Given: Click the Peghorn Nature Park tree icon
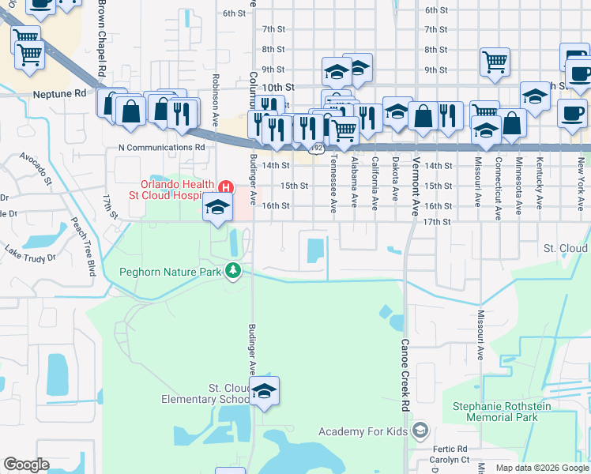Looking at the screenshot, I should click(x=233, y=271).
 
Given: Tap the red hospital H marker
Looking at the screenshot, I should click(x=226, y=188).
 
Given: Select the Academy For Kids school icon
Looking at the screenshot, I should click(x=420, y=431).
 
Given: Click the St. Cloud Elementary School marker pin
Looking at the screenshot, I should click(x=265, y=390).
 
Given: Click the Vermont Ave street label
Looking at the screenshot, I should click(x=415, y=185).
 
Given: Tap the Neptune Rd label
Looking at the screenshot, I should click(x=59, y=93).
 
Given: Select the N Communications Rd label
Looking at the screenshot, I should click(x=162, y=146).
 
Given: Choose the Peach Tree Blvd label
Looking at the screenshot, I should click(x=84, y=246).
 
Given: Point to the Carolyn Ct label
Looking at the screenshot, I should click(x=450, y=459).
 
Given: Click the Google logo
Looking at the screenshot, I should click(x=26, y=465).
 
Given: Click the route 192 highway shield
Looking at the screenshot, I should click(x=317, y=147).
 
